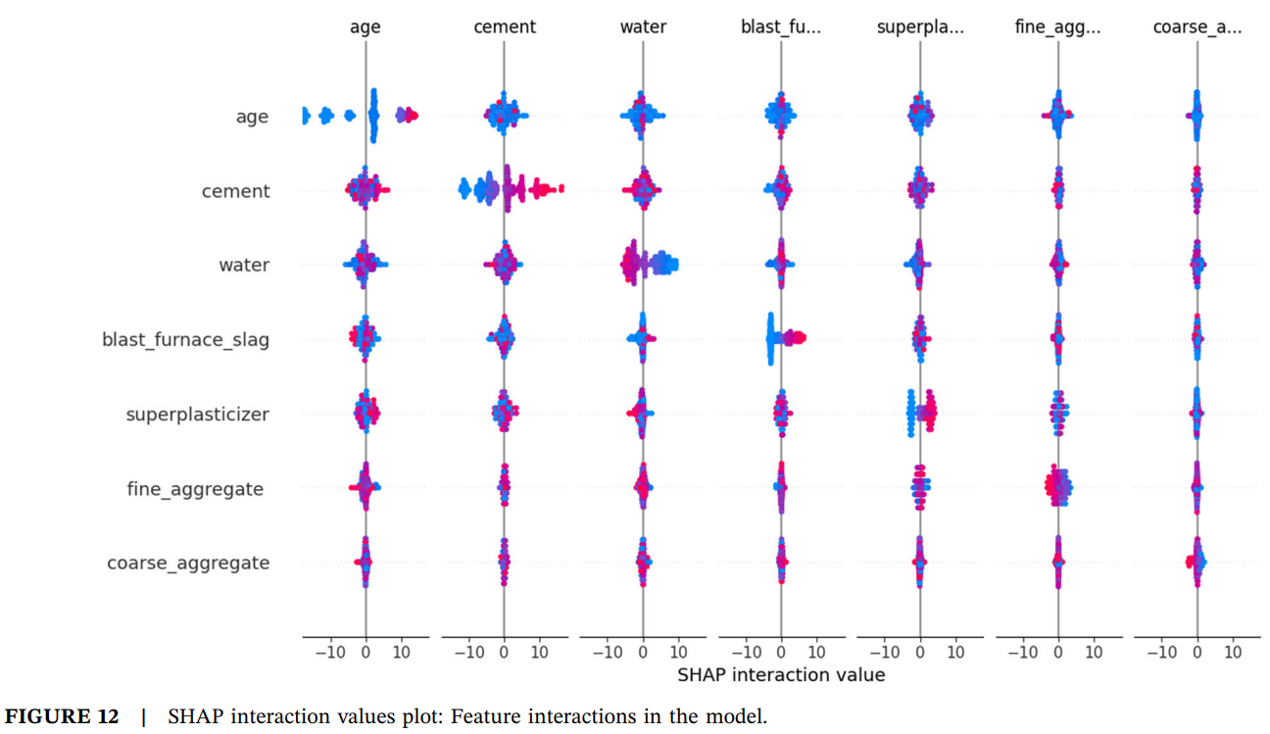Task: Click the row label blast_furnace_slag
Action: point(185,340)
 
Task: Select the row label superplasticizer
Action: point(197,415)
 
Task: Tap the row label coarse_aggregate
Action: point(188,563)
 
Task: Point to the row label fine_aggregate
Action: point(195,488)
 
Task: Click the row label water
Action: point(244,266)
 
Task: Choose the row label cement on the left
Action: point(235,191)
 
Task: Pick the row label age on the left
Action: point(252,117)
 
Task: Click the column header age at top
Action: point(366,27)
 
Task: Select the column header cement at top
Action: point(504,27)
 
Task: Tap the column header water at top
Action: point(643,27)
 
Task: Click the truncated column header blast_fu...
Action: point(781,27)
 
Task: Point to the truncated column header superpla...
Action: point(920,27)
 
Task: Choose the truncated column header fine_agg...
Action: point(1058,27)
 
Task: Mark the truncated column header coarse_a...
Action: point(1197,27)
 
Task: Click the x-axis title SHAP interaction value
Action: point(781,675)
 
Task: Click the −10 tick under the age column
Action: point(329,652)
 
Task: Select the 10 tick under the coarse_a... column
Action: point(1233,652)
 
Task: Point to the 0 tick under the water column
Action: point(643,652)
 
